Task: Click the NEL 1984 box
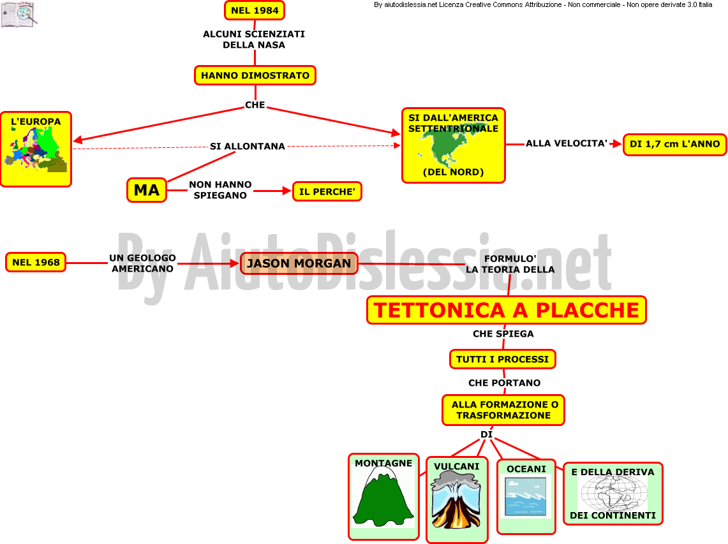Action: coord(255,10)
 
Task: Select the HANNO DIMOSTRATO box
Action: coord(255,75)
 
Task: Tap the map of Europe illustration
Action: coord(36,149)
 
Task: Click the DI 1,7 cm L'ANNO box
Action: coord(674,144)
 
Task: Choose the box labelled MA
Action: coord(147,190)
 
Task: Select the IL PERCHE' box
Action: coord(327,191)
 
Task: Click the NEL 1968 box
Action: coord(36,262)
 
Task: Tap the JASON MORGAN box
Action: coord(299,263)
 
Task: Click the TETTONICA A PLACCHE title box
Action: coord(507,310)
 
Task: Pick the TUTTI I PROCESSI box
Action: coord(502,359)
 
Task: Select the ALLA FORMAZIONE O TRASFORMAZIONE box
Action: coord(503,410)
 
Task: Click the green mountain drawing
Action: coord(383,497)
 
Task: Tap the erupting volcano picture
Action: coord(456,499)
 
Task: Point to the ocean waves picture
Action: coord(526,497)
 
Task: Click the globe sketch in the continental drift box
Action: coord(614,494)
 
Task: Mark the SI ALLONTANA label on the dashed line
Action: coord(248,146)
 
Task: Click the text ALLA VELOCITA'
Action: coord(567,143)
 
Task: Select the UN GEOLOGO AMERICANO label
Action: coord(142,263)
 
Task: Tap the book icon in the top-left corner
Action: coord(19,15)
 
